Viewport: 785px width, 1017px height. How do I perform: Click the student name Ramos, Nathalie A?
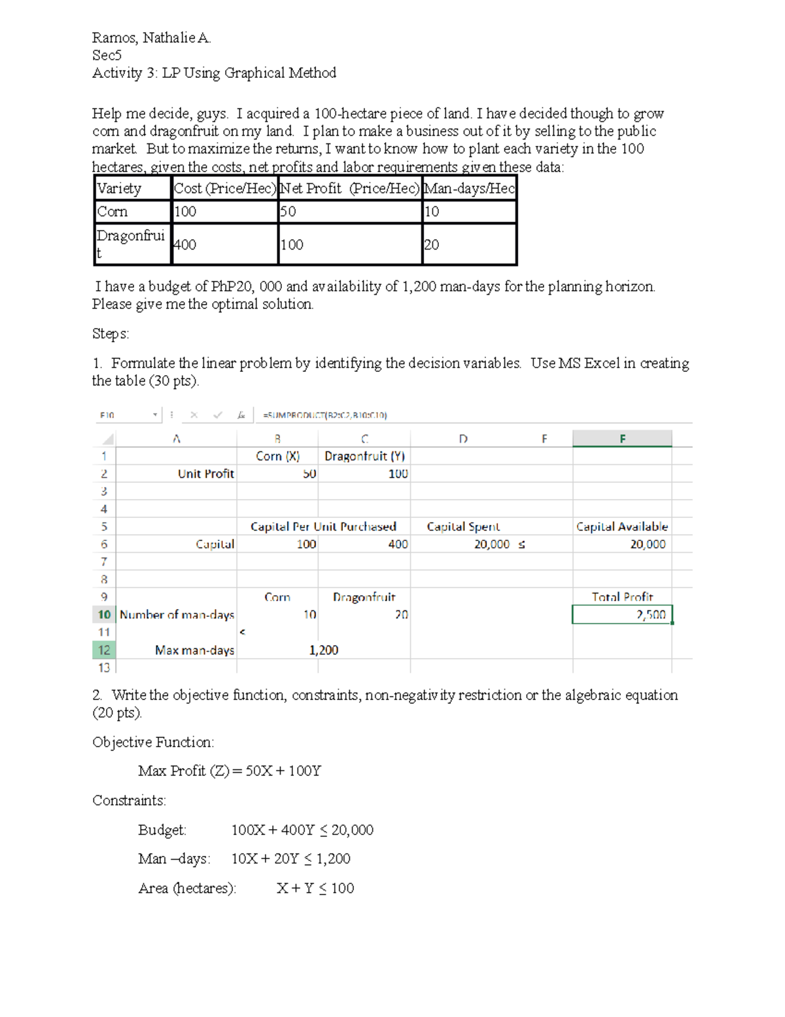click(151, 38)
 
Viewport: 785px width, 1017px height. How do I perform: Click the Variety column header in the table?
click(119, 189)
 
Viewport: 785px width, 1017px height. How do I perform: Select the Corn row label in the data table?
click(113, 212)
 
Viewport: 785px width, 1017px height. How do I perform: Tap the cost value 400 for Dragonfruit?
click(184, 244)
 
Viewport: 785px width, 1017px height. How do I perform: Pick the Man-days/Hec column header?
click(469, 189)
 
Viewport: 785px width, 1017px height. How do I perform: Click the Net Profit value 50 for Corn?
click(288, 212)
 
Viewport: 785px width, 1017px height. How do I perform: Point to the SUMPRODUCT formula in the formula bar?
click(324, 415)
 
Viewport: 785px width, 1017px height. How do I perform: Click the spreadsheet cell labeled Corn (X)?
click(277, 456)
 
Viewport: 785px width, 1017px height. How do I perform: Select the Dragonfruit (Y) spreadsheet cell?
click(364, 456)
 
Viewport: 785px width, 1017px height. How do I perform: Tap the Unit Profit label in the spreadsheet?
click(205, 473)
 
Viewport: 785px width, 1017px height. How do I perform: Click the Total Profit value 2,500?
click(650, 614)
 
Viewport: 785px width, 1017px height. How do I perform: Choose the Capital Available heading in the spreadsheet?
click(621, 527)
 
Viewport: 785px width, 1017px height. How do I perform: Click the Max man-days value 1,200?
click(324, 650)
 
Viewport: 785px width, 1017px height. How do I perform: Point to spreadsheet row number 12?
click(104, 650)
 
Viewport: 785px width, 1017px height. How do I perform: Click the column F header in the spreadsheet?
click(621, 439)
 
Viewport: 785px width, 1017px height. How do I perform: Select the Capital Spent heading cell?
click(463, 527)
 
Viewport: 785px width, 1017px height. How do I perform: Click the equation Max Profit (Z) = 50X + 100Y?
click(230, 771)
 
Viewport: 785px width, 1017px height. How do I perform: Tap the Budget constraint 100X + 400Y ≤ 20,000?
click(302, 830)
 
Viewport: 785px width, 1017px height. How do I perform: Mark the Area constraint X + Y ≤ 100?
click(315, 888)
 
